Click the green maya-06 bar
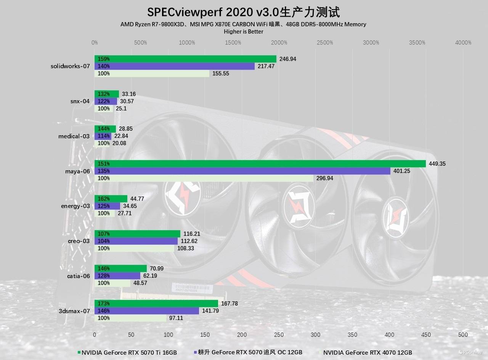[260, 164]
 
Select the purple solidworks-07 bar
[175, 66]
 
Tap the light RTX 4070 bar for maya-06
[204, 178]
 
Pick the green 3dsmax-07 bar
[156, 304]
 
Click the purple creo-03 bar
[136, 241]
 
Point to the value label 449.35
[437, 164]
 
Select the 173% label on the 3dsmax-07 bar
[104, 304]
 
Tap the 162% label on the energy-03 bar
[104, 199]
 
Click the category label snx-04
[80, 101]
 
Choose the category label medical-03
[74, 136]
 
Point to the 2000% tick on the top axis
[279, 43]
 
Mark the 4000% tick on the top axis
[463, 43]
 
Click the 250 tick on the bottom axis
[279, 335]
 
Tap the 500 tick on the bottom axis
[463, 335]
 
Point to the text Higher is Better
[243, 32]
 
